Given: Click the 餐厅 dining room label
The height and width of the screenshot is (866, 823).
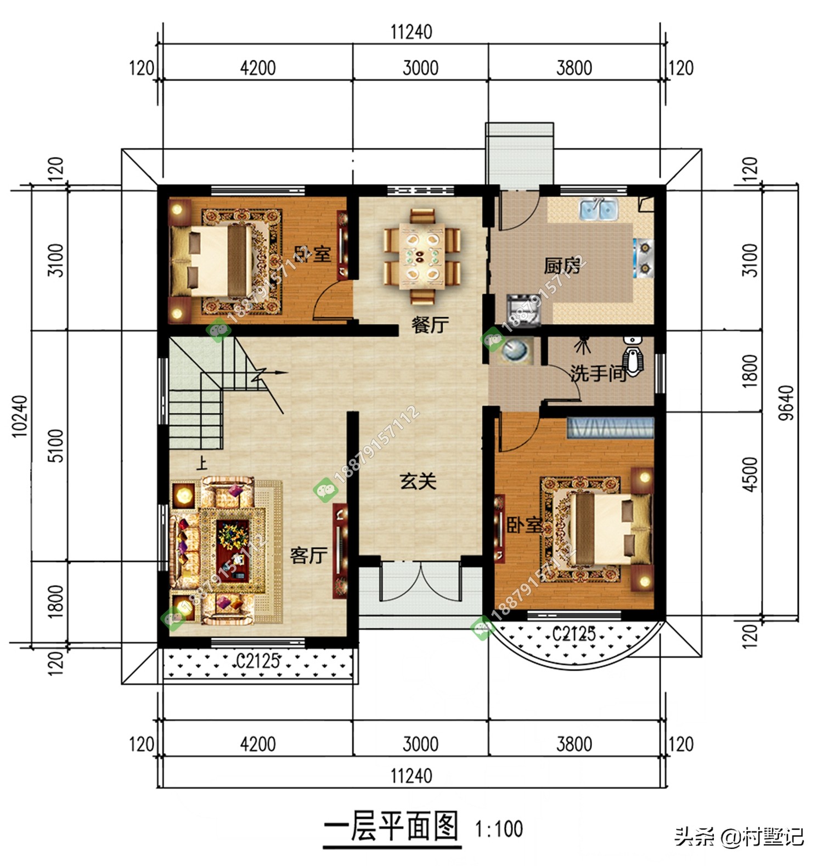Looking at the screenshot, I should (430, 325).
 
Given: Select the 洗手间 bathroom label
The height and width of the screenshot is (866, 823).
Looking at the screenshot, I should (598, 374).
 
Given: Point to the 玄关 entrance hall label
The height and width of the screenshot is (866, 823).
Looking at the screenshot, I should (418, 481).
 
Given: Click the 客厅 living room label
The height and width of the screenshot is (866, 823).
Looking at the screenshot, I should (308, 555).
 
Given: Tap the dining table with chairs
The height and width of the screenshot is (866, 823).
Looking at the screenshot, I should (421, 255).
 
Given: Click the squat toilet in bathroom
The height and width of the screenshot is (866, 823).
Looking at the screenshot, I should (634, 359).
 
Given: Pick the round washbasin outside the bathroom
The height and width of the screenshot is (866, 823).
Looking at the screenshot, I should (516, 351).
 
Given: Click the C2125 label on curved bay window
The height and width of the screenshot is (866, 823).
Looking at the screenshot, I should (573, 634).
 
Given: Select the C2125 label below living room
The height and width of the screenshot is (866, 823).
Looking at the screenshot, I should (257, 661).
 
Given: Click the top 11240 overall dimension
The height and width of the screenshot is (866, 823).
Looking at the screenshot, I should (411, 32).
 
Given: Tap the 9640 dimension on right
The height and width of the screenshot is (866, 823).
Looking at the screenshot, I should (786, 403).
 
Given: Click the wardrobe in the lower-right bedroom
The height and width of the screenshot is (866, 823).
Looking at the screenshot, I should (610, 428).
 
